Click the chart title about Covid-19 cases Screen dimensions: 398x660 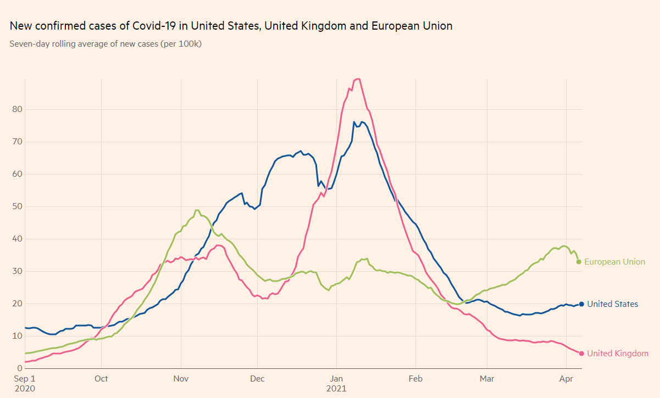pyautogui.click(x=231, y=26)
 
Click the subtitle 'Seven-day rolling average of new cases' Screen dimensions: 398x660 pyautogui.click(x=106, y=44)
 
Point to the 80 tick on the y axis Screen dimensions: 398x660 pyautogui.click(x=17, y=109)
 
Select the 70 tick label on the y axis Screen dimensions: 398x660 pyautogui.click(x=17, y=142)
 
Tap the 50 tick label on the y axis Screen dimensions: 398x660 pyautogui.click(x=17, y=206)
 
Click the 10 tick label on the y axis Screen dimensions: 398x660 pyautogui.click(x=17, y=336)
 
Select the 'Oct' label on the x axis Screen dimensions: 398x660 pyautogui.click(x=101, y=378)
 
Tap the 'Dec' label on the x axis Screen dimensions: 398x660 pyautogui.click(x=257, y=378)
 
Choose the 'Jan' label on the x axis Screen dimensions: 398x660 pyautogui.click(x=336, y=378)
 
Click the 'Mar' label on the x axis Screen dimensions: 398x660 pyautogui.click(x=486, y=378)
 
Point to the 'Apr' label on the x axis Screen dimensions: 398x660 pyautogui.click(x=565, y=378)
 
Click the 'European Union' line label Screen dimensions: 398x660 pyautogui.click(x=614, y=262)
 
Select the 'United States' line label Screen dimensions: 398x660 pyautogui.click(x=612, y=304)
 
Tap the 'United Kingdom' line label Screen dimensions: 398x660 pyautogui.click(x=617, y=354)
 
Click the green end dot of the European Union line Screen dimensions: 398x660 pyautogui.click(x=579, y=262)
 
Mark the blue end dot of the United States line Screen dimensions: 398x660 pyautogui.click(x=581, y=304)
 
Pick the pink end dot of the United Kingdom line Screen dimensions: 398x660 pyautogui.click(x=581, y=354)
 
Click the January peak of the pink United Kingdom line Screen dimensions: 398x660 pyautogui.click(x=358, y=79)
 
